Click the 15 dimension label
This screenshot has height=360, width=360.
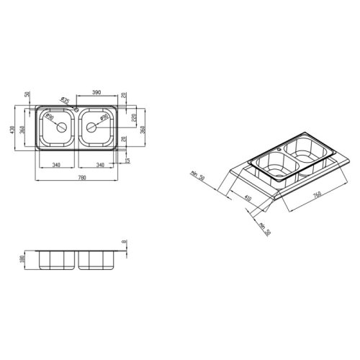pos(128,160)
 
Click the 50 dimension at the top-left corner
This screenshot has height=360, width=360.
pos(26,95)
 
